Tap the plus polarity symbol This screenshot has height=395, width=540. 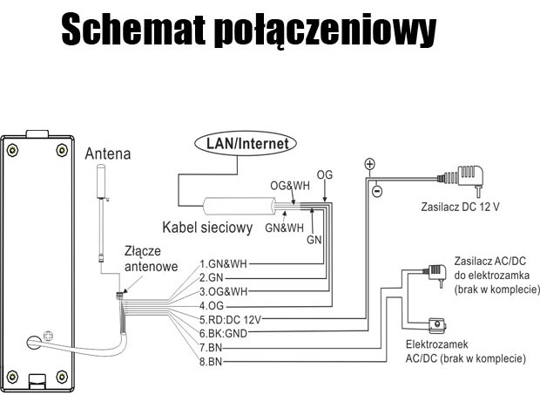(369, 164)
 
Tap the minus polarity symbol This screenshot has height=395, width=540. (377, 191)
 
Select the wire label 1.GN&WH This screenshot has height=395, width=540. (223, 264)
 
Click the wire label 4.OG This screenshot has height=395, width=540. (212, 306)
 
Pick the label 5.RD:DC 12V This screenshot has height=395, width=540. (230, 320)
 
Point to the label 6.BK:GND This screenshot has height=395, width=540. (223, 334)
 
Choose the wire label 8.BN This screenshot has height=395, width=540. (211, 362)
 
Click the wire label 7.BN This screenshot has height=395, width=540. (211, 348)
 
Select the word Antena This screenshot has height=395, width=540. (108, 153)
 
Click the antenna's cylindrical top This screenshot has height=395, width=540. (101, 181)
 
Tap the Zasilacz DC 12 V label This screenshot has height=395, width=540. (460, 207)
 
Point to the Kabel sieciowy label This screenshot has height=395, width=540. (207, 228)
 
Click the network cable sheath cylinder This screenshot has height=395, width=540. (239, 206)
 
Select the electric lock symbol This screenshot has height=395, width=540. (437, 326)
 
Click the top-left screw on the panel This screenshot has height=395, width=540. (12, 150)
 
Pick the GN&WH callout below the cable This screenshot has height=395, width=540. (285, 228)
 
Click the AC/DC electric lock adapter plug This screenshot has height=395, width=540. (436, 274)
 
